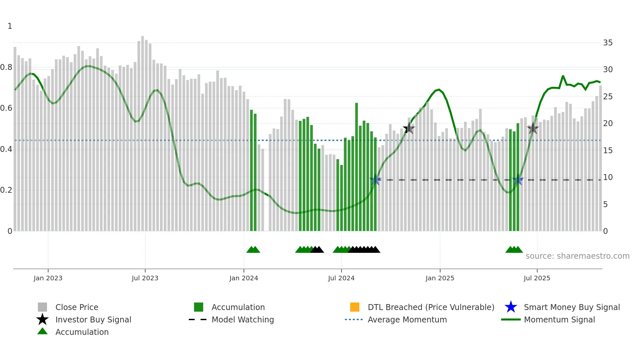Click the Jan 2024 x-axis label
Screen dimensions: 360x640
pos(244,278)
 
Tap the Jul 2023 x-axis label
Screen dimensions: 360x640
pos(145,278)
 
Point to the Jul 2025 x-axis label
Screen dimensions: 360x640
pos(537,278)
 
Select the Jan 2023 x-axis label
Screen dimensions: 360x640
pos(48,278)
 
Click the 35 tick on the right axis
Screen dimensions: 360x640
pos(608,43)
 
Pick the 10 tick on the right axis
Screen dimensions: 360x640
pos(608,177)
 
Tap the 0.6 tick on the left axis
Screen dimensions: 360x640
pos(6,108)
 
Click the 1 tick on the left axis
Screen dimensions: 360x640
pos(10,26)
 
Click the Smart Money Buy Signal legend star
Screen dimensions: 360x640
pos(511,307)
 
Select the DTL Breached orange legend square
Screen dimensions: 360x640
pos(355,307)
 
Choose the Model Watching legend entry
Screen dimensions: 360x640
pos(243,320)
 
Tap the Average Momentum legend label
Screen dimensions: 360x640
pos(407,320)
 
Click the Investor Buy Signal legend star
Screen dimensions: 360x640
pos(42,320)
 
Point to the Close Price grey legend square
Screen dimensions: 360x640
pos(42,307)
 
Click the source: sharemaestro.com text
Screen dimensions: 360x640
pos(577,256)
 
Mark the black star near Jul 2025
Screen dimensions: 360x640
pos(533,128)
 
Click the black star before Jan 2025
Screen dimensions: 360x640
pos(409,128)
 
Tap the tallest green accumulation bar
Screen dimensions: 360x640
pos(357,167)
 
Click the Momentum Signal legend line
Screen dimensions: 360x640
pos(511,320)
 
